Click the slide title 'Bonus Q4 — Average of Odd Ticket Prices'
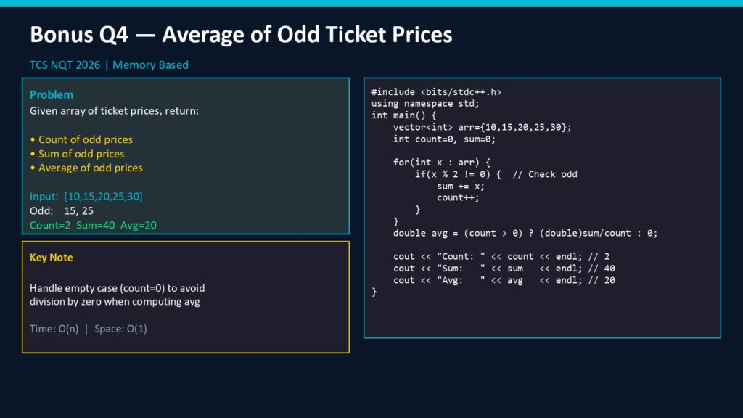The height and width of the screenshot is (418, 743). click(241, 35)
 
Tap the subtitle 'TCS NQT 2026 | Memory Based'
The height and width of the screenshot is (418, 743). click(109, 65)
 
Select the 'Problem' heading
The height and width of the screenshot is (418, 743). click(52, 94)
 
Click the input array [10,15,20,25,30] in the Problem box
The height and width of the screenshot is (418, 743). click(103, 196)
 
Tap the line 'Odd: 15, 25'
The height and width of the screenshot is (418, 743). click(62, 210)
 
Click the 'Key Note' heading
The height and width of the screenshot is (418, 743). click(52, 258)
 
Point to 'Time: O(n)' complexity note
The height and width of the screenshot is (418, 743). click(54, 329)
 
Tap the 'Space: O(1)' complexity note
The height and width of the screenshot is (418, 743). click(120, 329)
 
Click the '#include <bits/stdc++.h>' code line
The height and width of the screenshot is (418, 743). click(436, 92)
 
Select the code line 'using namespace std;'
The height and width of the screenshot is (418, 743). click(425, 103)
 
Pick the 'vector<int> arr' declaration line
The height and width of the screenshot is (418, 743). click(483, 127)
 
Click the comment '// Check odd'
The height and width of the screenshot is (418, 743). click(545, 174)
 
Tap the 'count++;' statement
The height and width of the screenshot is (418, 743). click(459, 197)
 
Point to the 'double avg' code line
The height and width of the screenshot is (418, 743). click(525, 233)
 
